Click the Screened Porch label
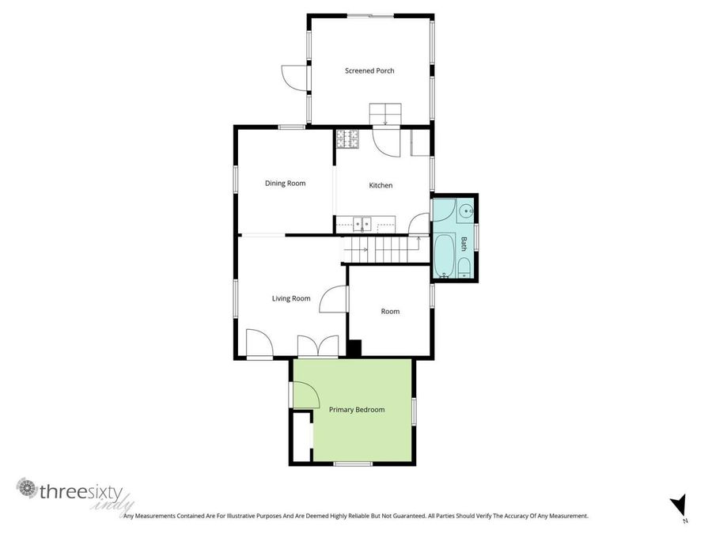(369, 71)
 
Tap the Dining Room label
(285, 184)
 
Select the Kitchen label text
(381, 186)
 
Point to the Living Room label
(291, 298)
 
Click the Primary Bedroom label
(357, 410)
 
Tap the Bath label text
(464, 244)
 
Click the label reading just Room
(390, 312)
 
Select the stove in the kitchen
(347, 139)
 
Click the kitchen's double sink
(362, 224)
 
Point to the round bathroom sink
(467, 211)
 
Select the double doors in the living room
(318, 347)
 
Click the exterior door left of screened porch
(294, 77)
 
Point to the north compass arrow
(677, 505)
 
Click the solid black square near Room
(354, 347)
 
